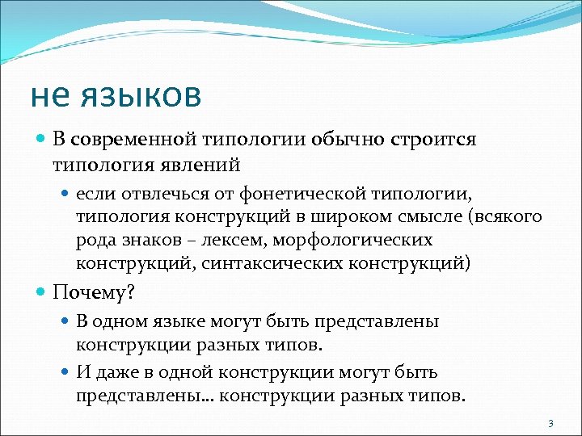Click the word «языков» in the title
(139, 96)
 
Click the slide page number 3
(550, 423)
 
